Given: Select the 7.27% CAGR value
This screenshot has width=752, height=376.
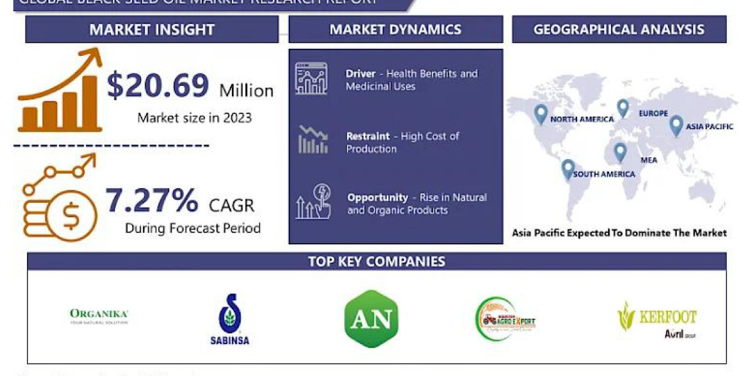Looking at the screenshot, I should point(151,201).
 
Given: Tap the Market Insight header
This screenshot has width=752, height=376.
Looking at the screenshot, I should point(152,29).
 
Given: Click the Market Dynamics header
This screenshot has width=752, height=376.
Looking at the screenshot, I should point(395,29).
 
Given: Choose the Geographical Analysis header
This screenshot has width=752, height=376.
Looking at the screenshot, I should point(619,29).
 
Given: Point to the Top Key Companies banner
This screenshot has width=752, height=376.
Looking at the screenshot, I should point(377,261).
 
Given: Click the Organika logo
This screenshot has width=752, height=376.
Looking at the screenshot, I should point(99,315).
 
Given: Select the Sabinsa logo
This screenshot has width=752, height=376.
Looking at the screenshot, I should point(229,320).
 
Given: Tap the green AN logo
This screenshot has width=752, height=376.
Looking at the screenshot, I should point(371,319).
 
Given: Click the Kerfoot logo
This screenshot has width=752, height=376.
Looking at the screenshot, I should point(657,319).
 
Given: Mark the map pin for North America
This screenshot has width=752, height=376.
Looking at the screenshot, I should point(541,113).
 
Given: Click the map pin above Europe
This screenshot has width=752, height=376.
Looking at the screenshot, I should point(622,108).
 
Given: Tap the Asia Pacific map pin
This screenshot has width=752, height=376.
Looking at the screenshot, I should point(676,125).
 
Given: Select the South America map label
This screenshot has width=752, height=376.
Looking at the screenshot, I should point(603,174).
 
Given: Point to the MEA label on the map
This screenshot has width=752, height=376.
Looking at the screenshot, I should point(649,160).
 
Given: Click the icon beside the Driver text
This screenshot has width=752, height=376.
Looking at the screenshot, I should point(311,80).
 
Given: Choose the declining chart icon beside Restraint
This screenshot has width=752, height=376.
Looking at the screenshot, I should point(313,140).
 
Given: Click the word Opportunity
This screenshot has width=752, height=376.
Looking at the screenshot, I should point(378,197).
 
